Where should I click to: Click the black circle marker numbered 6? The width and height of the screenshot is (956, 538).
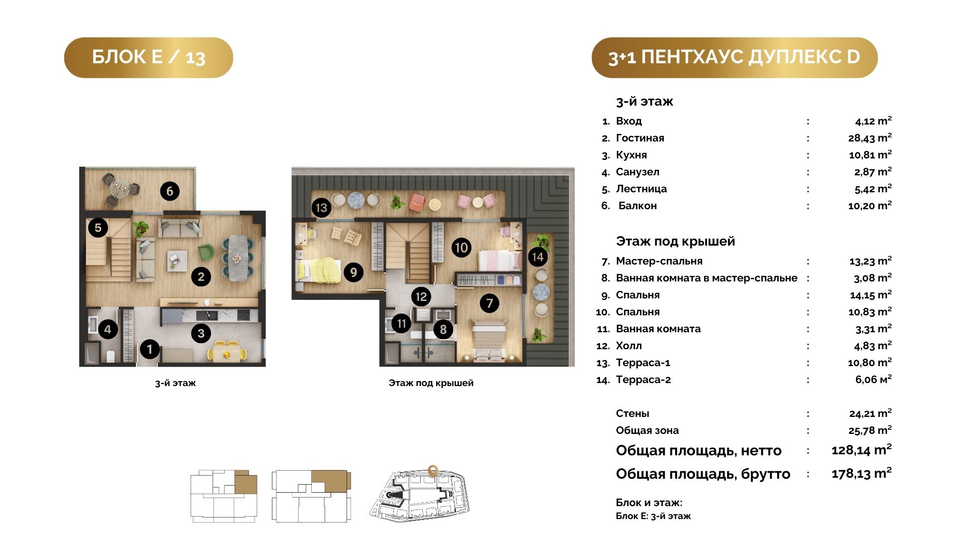tap(170, 191)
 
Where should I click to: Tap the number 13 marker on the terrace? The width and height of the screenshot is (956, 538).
tap(322, 207)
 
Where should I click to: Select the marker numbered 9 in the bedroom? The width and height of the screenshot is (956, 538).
tap(354, 272)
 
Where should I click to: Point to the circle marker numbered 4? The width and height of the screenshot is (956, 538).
tap(108, 329)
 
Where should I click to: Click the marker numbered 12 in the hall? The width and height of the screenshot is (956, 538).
tap(421, 297)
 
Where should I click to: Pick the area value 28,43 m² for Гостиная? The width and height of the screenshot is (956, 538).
tap(870, 138)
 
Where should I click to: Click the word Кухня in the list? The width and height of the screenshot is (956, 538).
tap(631, 155)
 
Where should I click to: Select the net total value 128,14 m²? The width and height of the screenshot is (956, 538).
tap(861, 450)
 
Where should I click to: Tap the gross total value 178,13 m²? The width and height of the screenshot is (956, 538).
tap(861, 473)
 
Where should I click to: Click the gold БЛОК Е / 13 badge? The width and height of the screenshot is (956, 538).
tap(148, 57)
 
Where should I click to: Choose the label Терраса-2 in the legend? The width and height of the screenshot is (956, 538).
tap(643, 380)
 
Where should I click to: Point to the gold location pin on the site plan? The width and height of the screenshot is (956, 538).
tap(433, 471)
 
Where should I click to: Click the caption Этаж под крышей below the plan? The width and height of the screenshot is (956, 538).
tap(431, 383)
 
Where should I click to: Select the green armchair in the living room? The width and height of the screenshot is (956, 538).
tap(206, 253)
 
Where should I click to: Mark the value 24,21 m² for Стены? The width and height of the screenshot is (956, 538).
tap(870, 413)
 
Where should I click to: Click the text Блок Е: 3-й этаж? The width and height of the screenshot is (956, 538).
tap(653, 516)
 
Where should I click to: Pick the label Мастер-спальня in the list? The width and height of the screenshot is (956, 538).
tap(659, 261)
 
